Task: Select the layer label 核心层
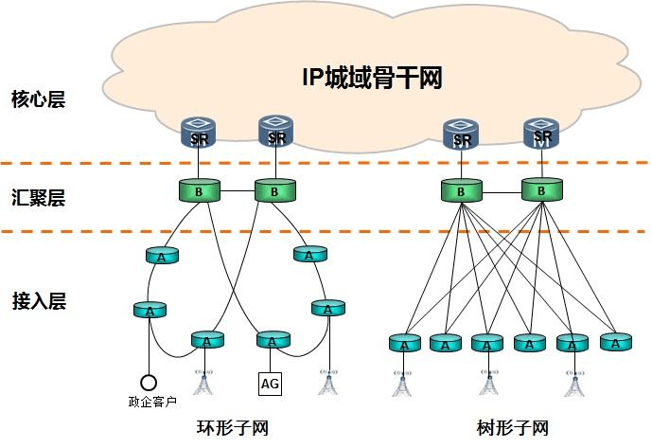point(38,99)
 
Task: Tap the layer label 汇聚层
point(38,198)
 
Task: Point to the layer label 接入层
point(38,301)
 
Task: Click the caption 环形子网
point(232,427)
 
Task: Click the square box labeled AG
point(271,383)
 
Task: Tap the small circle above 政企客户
point(148,383)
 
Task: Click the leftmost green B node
point(199,190)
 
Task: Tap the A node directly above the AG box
point(272,341)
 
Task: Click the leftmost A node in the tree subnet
point(405,343)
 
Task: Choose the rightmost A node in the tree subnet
point(614,343)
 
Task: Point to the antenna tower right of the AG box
point(327,381)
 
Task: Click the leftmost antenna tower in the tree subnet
point(404,381)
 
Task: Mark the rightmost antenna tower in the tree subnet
point(572,381)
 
